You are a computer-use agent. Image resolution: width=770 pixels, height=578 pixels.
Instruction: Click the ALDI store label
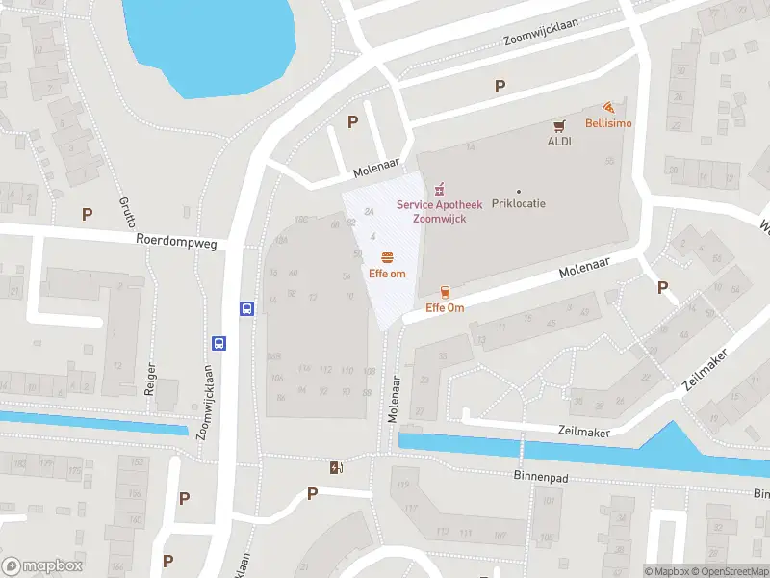coord(559,141)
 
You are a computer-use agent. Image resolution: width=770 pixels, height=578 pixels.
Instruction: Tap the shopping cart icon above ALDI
coord(558,125)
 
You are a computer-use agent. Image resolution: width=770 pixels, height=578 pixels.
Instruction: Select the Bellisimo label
coord(608,123)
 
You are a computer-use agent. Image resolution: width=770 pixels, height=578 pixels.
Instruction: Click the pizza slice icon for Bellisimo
coord(608,108)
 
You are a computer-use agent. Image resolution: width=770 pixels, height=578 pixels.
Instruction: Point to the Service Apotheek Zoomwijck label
coord(440,212)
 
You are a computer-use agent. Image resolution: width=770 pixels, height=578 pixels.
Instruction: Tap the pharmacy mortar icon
coord(440,187)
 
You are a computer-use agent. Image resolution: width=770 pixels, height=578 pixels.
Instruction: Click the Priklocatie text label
coord(519,205)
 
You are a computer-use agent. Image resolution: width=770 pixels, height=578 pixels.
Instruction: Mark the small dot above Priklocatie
coord(519,191)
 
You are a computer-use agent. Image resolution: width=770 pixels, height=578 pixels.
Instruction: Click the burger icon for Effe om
coord(386,257)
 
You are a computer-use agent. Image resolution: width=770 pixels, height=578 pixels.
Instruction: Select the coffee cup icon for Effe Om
coord(445,292)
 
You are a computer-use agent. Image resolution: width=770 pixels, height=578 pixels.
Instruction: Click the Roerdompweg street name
coord(175,240)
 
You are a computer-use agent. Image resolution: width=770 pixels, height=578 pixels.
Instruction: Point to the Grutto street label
coord(126,210)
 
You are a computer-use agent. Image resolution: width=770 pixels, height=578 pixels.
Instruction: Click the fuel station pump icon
coord(336,467)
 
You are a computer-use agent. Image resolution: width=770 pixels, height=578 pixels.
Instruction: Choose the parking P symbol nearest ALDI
coord(500,86)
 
